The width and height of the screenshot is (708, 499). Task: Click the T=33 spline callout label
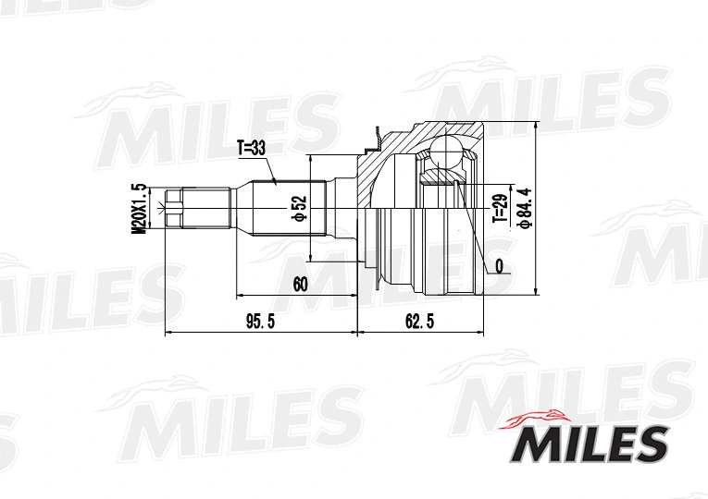click(x=251, y=147)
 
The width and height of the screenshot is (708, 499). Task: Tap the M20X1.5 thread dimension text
click(x=140, y=210)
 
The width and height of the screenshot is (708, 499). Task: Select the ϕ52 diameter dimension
click(x=299, y=208)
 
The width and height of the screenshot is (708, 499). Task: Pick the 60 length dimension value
click(x=299, y=285)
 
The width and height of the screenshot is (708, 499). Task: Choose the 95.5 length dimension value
click(x=260, y=321)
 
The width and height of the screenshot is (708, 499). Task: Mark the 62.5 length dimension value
click(x=418, y=321)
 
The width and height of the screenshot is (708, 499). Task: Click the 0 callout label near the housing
click(x=500, y=266)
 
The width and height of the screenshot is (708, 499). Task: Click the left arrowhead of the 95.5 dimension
click(x=168, y=332)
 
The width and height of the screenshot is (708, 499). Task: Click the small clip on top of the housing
click(x=375, y=140)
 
